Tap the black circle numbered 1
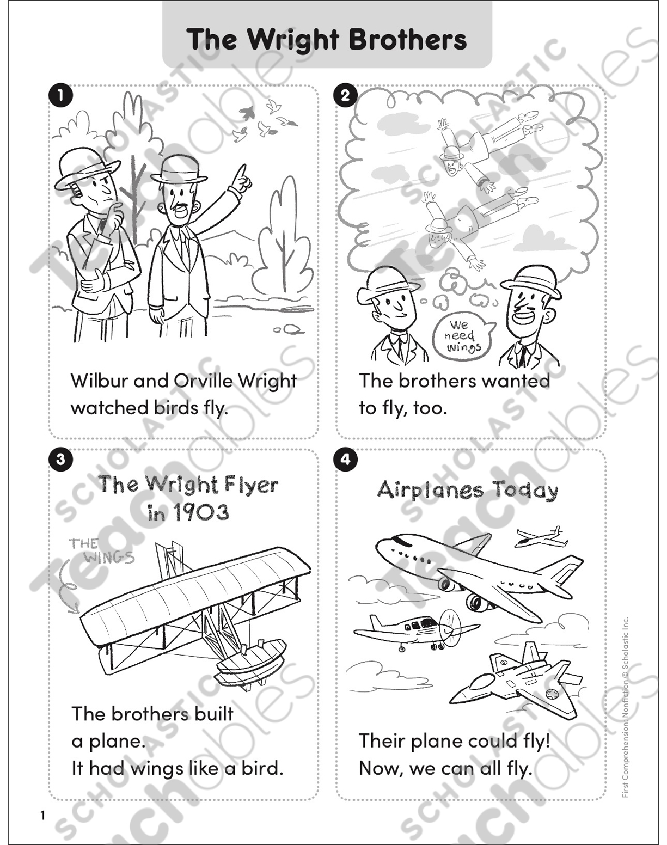(60, 95)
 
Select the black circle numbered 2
(345, 96)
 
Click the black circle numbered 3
(60, 459)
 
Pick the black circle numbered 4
(345, 459)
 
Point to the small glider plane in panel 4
(539, 538)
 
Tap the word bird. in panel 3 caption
(262, 768)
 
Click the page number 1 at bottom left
(42, 815)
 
